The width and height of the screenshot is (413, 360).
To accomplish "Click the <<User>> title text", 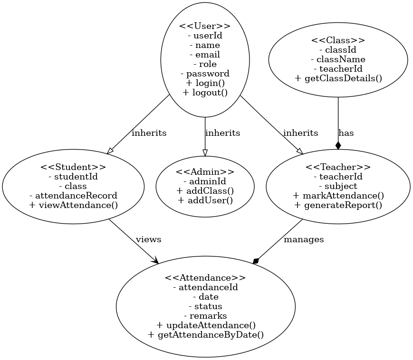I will pos(205,26).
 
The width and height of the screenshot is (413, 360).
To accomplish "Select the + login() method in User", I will pos(205,83).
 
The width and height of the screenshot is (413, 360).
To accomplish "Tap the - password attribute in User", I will pos(205,74).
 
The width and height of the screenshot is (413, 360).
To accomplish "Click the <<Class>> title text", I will pos(338,40).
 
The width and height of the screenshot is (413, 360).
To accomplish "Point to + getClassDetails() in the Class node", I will pos(338,78).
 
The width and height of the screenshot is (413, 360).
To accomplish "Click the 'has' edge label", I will pos(346,133).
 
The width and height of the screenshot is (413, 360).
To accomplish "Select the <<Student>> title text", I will pos(73,167).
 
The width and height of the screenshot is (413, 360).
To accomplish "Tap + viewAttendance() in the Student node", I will pos(73,205).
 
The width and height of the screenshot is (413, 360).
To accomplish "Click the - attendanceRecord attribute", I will pos(73,196).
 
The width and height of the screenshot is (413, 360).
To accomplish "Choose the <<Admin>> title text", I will pos(205,172).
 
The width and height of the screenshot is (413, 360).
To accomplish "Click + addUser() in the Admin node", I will pos(205,200).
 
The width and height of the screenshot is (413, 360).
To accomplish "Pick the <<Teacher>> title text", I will pos(338,167).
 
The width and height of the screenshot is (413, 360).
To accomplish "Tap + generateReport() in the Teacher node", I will pos(338,205).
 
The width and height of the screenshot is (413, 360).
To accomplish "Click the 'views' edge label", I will pos(148,239).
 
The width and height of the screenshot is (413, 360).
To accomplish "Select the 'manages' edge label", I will pos(304,239).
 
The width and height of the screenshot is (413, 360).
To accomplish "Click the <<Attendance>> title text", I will pos(205,278).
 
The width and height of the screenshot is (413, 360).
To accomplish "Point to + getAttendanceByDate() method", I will pos(205,335).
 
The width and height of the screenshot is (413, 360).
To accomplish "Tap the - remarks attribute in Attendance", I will pos(205,316).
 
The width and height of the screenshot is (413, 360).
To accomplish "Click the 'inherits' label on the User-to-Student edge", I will pos(149,133).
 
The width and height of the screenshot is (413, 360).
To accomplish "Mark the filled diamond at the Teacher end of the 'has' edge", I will pos(338,145).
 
